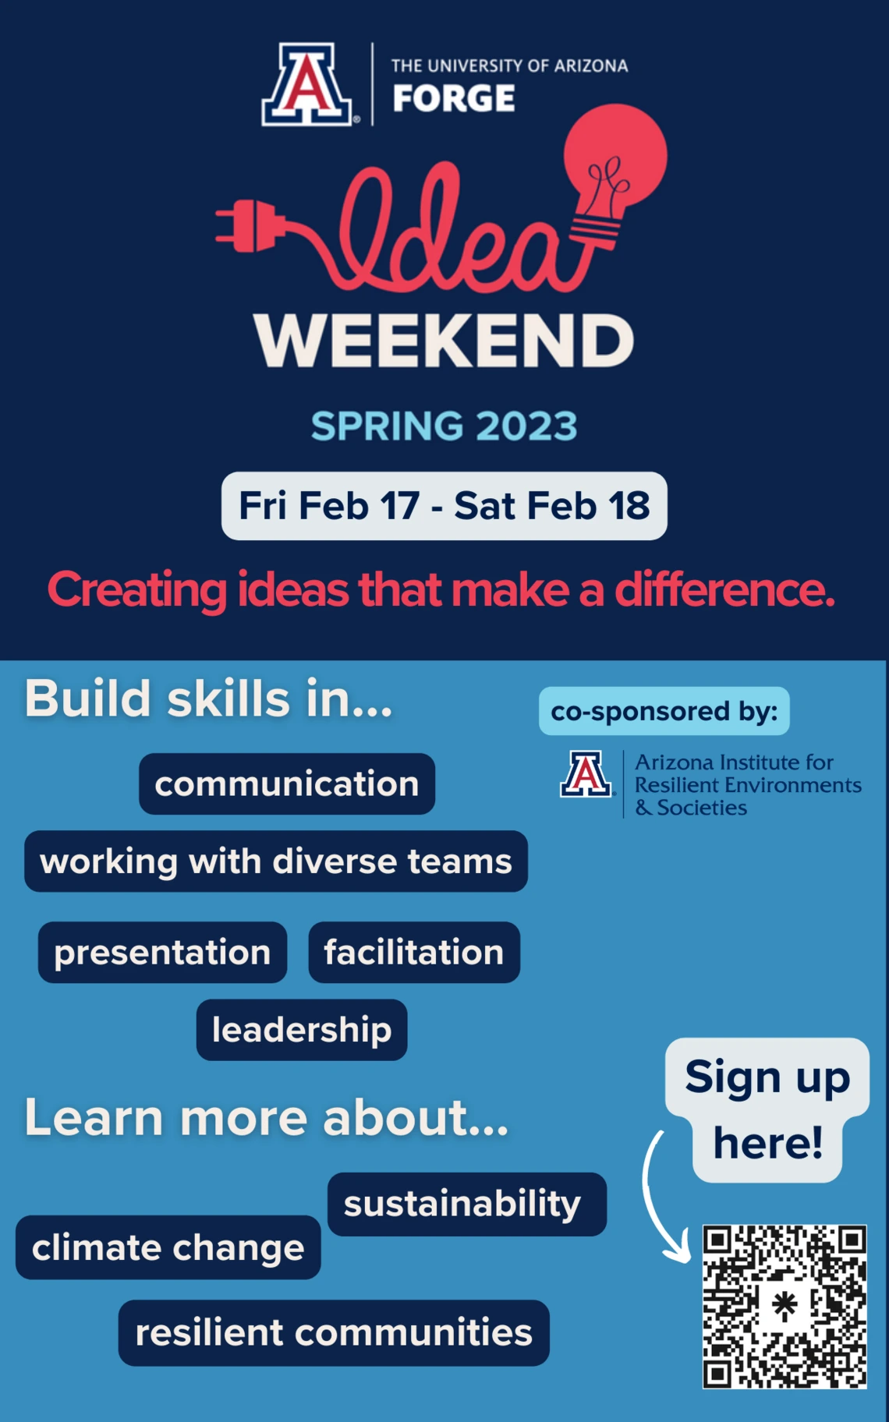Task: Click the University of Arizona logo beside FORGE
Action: (308, 84)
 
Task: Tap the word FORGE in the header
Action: (454, 99)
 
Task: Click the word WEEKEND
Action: (444, 341)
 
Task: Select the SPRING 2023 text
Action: (444, 426)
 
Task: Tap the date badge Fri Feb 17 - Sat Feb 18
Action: (444, 506)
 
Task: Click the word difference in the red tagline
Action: (724, 590)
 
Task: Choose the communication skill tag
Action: (287, 784)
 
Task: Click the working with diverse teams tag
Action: (276, 861)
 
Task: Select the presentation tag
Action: (162, 953)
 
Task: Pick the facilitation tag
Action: (414, 953)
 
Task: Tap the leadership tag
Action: (302, 1030)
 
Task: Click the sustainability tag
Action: (467, 1204)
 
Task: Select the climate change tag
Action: (168, 1247)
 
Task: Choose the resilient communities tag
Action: (334, 1333)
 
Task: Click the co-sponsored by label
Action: (664, 711)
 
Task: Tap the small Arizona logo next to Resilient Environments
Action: (586, 774)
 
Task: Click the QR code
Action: (785, 1307)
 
